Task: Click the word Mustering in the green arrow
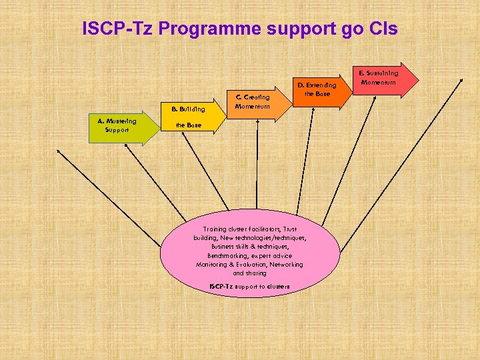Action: pos(120,121)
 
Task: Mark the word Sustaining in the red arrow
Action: pos(383,73)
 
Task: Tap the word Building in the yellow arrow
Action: pos(193,108)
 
